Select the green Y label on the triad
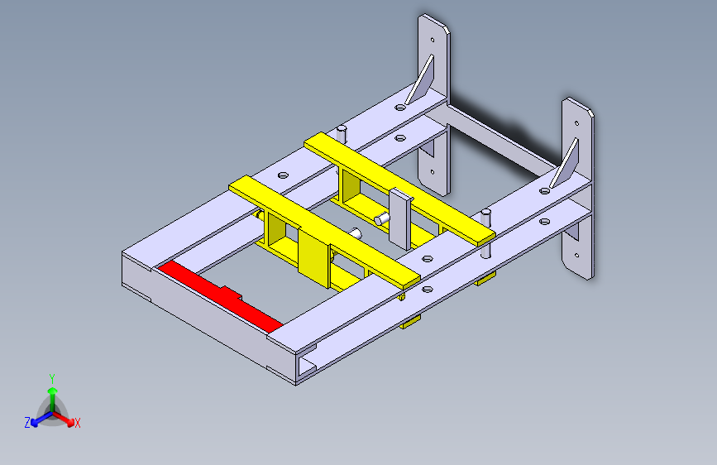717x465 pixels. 52,377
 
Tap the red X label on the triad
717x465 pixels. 78,423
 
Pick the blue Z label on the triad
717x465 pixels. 27,422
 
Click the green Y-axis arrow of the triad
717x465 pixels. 52,394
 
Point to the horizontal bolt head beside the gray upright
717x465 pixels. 380,219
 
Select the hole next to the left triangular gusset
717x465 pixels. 401,107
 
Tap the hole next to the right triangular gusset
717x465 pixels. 545,190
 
